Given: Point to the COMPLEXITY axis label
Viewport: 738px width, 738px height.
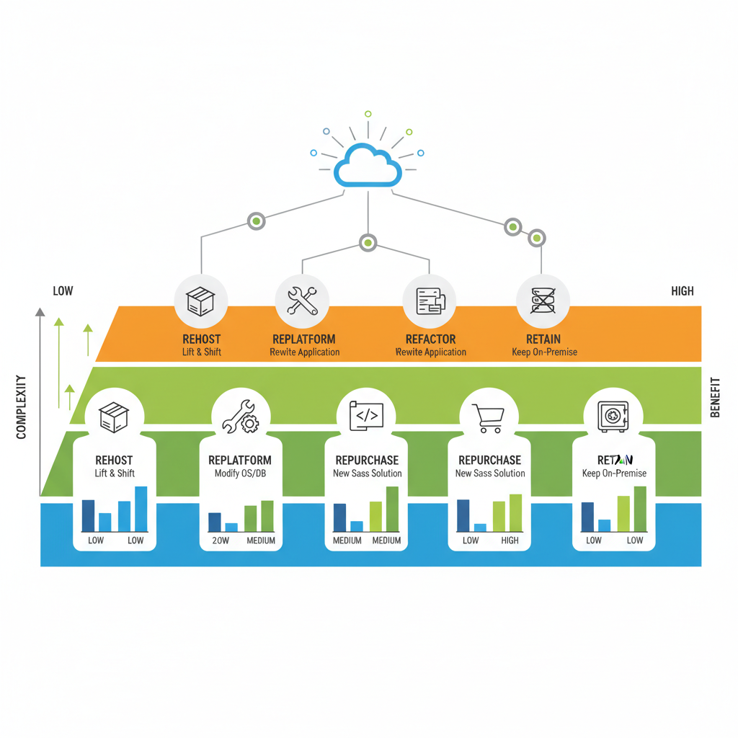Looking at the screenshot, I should [21, 406].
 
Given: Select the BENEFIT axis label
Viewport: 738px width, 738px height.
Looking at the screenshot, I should [715, 397].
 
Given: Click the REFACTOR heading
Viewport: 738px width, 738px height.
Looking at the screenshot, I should [430, 339].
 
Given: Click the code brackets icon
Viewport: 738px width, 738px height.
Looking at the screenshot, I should [366, 417].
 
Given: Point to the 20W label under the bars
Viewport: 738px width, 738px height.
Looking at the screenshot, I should [220, 541].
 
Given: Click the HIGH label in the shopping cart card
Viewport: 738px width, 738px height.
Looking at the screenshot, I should [510, 541].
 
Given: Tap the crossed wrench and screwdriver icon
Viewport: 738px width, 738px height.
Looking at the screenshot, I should [302, 301].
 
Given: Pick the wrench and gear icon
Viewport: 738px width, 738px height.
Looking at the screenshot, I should [241, 417].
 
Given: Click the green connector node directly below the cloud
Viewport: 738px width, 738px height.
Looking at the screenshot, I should [368, 243].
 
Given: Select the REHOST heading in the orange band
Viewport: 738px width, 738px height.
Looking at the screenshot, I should [202, 339].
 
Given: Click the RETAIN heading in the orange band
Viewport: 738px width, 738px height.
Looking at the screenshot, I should [544, 339].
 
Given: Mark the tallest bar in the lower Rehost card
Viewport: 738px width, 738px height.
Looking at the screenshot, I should [141, 508].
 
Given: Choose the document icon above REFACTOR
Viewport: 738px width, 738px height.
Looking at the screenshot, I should [430, 301].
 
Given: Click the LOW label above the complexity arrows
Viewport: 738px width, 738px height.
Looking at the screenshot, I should [63, 291].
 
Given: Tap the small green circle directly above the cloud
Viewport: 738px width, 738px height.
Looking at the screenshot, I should [368, 114].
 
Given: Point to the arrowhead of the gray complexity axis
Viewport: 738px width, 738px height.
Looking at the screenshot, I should [40, 312].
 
